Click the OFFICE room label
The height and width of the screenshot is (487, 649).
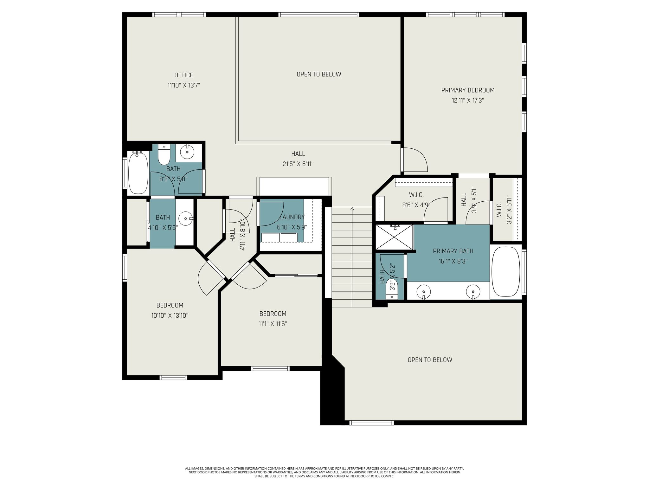[183, 75]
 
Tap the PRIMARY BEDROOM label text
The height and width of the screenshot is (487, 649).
[468, 90]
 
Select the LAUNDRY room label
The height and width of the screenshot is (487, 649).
[292, 217]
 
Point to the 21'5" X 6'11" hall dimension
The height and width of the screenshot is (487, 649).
[298, 164]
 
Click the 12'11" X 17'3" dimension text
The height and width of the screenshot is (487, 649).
[468, 101]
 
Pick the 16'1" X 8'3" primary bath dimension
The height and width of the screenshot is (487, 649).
[453, 261]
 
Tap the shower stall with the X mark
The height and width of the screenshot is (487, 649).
[394, 237]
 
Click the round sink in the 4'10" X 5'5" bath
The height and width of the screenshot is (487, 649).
[186, 218]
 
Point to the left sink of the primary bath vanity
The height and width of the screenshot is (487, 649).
[423, 291]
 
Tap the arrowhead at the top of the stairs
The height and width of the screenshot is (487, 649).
[352, 209]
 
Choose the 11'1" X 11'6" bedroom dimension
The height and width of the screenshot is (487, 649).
[273, 324]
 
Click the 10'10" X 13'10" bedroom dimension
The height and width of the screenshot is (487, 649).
[170, 315]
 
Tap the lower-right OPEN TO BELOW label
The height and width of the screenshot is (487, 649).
[430, 360]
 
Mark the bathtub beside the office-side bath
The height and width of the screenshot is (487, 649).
[138, 173]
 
